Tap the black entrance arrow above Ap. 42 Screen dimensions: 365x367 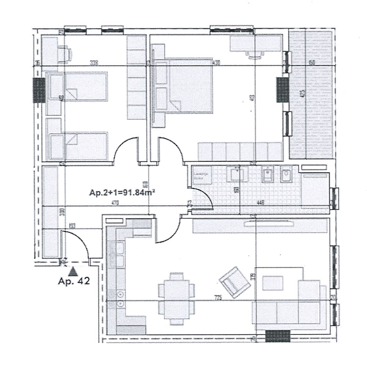(x=73, y=268)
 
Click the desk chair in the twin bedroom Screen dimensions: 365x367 (x=64, y=53)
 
